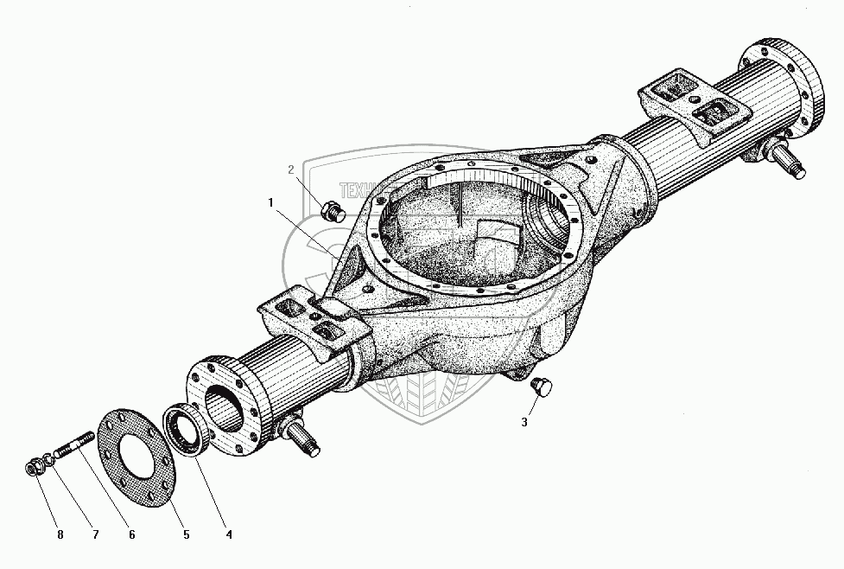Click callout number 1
point(270,202)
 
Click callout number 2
point(292,169)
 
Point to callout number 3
point(524,422)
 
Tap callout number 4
point(228,535)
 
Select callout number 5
point(186,535)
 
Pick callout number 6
point(131,535)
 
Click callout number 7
point(96,535)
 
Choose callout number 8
point(60,535)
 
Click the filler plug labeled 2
point(331,211)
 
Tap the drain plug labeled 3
point(543,387)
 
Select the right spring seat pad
point(691,102)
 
